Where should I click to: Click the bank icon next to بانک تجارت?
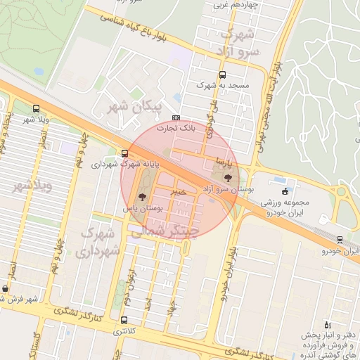pos(176,118)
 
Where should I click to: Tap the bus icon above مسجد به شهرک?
pos(223,74)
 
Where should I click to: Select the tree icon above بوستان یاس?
pos(143,197)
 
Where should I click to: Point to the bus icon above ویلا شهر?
pos(36,109)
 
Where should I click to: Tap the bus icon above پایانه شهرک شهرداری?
pos(124,153)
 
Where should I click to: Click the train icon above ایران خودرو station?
pos(340,240)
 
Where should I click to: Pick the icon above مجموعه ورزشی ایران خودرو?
pos(284,191)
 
